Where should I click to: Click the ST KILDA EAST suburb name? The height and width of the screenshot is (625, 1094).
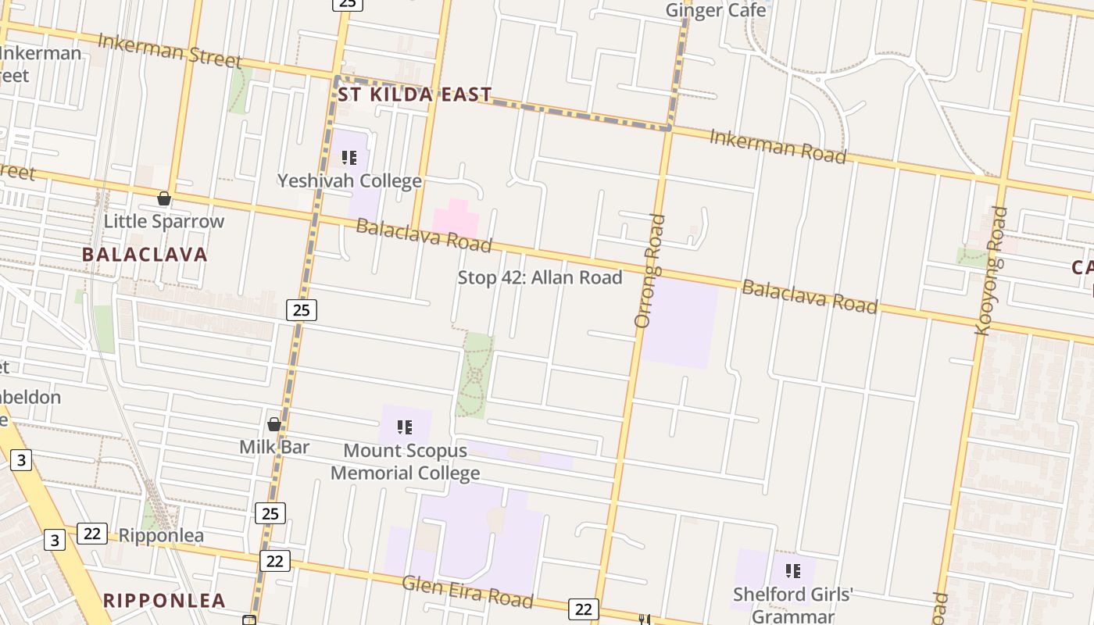pos(415,95)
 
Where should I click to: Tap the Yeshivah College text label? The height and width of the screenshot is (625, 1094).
pos(349,181)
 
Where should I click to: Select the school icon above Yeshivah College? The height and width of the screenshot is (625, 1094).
pos(349,158)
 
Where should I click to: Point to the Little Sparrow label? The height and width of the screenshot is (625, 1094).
pos(164,221)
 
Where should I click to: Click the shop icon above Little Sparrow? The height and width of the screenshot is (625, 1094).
pos(164,198)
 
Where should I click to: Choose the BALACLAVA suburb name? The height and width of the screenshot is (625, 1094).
pos(145,255)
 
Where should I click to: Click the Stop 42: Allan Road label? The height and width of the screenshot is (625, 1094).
pos(539,277)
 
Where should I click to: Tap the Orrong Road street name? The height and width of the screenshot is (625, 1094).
pos(649,270)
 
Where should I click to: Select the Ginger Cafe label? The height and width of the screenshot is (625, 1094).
pos(715,10)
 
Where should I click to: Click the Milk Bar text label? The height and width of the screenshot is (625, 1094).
pos(274,447)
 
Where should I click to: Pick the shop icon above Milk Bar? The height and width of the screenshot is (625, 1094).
pos(274,424)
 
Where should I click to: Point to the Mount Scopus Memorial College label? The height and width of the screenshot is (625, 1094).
pos(405,462)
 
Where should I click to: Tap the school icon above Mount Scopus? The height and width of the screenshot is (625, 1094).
pos(404,427)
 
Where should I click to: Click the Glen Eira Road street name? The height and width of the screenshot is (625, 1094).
pos(467,592)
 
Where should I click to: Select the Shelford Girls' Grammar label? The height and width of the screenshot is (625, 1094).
pos(792,605)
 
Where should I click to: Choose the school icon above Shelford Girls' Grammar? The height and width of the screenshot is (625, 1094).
pos(793,571)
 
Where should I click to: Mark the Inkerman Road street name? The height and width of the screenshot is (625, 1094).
pos(778,147)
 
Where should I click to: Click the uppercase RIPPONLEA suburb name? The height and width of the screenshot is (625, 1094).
pos(165,601)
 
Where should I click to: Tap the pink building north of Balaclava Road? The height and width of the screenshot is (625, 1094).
pos(456,219)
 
